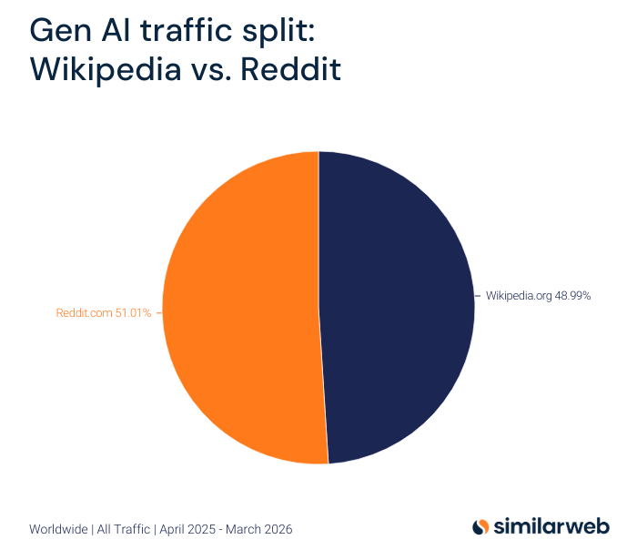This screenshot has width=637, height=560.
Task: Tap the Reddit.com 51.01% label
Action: click(104, 313)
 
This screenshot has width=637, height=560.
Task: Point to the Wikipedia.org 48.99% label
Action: click(539, 295)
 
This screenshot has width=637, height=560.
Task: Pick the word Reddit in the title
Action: click(290, 69)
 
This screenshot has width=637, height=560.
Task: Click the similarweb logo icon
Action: click(480, 526)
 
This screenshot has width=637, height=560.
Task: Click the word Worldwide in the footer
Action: click(58, 529)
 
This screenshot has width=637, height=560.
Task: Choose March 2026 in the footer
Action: click(261, 529)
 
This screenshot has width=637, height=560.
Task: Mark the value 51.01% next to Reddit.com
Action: click(133, 313)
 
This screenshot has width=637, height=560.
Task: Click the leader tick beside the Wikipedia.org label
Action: click(479, 295)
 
